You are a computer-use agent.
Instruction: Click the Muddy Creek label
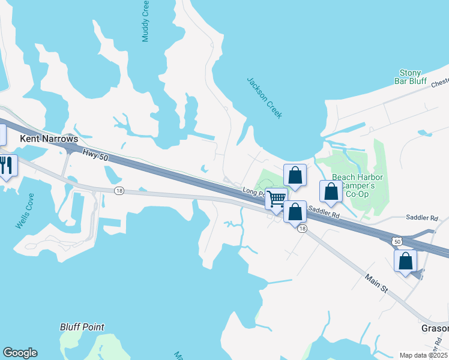tap(145, 21)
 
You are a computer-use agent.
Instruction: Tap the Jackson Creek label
tap(265, 97)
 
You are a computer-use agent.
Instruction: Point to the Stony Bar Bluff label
tap(410, 77)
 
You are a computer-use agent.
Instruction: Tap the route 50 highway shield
tap(396, 240)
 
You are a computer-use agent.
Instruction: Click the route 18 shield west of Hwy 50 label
tap(119, 190)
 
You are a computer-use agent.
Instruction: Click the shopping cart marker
tap(277, 198)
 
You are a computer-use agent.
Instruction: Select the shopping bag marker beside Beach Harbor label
tap(331, 191)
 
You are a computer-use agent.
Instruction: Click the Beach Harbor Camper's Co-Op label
tap(354, 185)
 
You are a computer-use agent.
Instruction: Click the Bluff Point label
tap(82, 327)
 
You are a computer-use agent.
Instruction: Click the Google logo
tap(20, 353)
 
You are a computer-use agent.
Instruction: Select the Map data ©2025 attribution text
tap(423, 355)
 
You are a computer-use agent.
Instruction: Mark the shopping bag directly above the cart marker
tap(295, 175)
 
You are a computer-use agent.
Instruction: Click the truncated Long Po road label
tap(254, 191)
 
